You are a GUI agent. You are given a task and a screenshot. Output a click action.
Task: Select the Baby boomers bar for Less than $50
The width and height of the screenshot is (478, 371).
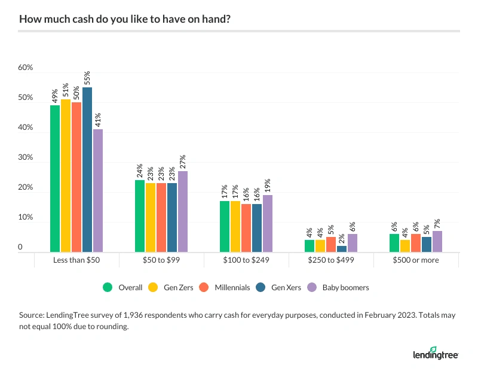(98, 191)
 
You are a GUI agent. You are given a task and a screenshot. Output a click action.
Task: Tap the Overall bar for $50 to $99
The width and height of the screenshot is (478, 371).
(140, 216)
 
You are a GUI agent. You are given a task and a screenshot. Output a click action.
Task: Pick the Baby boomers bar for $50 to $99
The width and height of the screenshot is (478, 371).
(183, 212)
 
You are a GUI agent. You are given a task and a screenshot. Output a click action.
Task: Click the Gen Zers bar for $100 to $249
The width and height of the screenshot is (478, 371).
(235, 227)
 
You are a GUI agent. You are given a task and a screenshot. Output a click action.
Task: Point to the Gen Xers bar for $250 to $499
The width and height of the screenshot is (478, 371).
(342, 249)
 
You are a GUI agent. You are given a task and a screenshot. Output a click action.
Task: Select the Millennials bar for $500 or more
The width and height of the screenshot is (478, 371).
(416, 243)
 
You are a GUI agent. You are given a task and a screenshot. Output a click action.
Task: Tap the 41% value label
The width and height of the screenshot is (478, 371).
(98, 120)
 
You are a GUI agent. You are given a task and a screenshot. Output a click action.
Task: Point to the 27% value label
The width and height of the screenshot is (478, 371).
(183, 162)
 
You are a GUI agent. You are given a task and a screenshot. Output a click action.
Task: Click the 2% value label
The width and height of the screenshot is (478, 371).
(342, 238)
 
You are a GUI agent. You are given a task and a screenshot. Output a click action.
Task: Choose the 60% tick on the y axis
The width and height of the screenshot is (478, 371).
(25, 68)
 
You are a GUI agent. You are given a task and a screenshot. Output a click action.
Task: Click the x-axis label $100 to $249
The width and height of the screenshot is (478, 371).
(246, 261)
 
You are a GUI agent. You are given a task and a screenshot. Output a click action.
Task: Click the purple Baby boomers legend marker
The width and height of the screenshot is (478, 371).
(314, 287)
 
